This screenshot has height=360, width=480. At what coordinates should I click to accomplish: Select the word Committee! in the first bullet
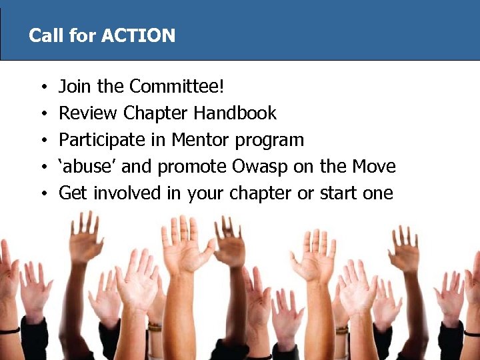coord(178,87)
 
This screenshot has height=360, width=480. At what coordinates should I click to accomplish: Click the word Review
coord(89,113)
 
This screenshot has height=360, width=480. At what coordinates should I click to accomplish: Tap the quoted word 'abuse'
coord(85,167)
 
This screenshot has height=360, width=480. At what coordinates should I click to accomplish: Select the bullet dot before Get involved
coord(42,195)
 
